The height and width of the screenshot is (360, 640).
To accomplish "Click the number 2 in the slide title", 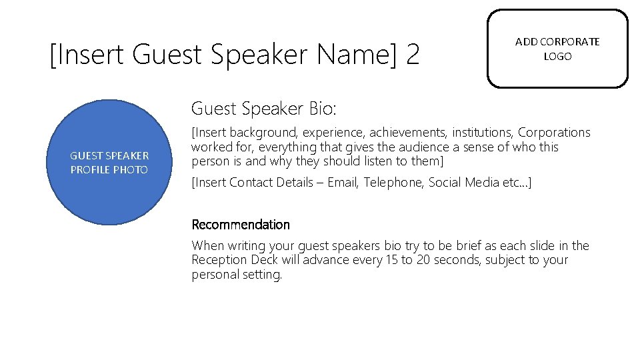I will [412, 55].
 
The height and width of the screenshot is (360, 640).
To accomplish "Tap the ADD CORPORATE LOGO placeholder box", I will [557, 49].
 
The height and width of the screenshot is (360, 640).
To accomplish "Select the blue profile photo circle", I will [109, 163].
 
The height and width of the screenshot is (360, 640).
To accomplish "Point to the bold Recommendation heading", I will [241, 225].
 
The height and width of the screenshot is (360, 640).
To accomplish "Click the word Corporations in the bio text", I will [554, 133].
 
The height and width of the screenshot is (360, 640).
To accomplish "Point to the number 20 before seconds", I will [423, 260].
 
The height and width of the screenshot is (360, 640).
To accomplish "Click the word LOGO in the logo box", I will [557, 57].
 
